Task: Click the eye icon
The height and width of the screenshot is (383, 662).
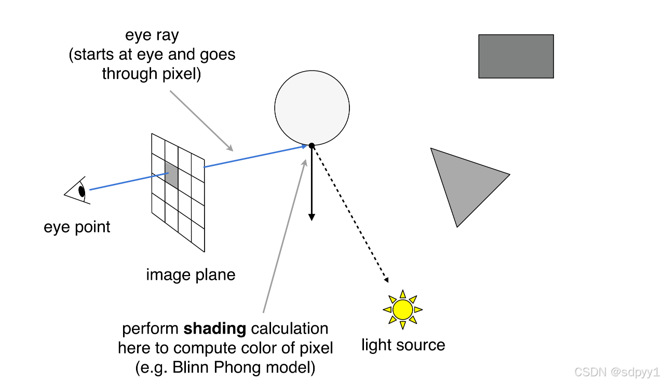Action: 77,190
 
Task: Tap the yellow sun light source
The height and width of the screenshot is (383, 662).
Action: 402,310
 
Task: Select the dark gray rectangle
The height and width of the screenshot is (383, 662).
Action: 516,56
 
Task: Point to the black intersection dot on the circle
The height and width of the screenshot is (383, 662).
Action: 311,146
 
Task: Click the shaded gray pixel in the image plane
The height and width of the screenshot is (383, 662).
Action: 172,174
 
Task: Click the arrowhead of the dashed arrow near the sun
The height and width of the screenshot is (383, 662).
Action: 386,280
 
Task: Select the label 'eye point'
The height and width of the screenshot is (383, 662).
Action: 77,227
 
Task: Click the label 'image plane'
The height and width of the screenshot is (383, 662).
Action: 191,275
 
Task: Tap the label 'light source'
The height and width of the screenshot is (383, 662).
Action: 403,345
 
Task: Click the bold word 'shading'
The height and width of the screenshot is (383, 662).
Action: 214,329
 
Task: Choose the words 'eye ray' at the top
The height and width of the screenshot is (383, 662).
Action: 152,35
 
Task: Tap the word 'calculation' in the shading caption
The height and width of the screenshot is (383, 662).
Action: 289,329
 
